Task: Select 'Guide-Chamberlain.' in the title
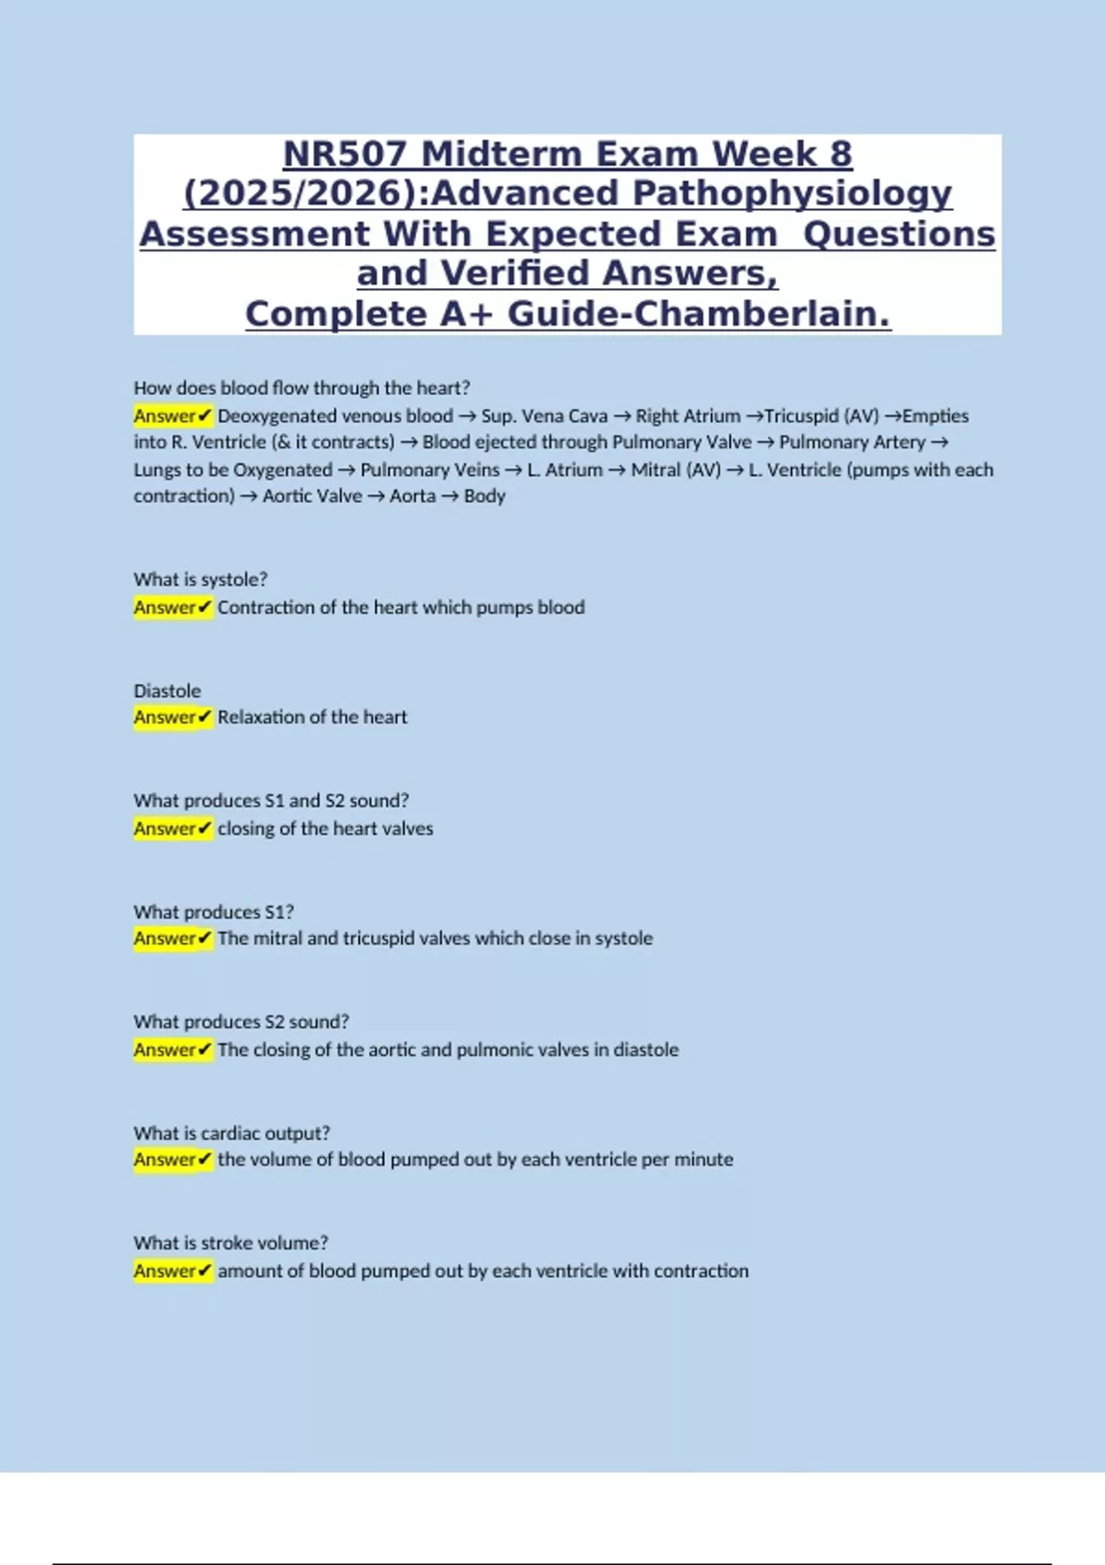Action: (x=699, y=314)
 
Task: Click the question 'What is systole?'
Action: (x=200, y=579)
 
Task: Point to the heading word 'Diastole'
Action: (x=167, y=690)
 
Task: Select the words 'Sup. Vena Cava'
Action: (x=544, y=416)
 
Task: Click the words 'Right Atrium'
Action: (x=688, y=416)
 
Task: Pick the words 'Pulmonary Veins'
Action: (x=430, y=469)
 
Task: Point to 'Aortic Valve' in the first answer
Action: (x=312, y=496)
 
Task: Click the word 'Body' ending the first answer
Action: (x=484, y=496)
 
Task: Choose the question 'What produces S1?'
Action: (x=214, y=911)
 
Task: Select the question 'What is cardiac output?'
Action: (x=231, y=1132)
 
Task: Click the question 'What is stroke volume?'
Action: (x=230, y=1243)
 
